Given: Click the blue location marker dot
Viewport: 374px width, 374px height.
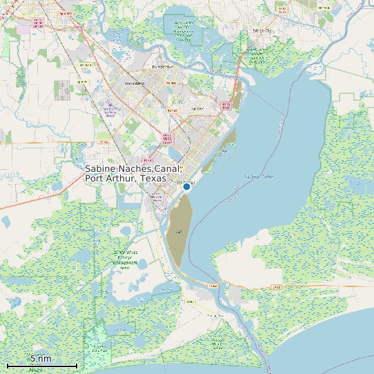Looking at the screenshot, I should [186, 186].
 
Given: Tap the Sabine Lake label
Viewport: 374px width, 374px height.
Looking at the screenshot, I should [258, 177].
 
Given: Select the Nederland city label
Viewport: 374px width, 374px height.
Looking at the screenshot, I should [135, 83].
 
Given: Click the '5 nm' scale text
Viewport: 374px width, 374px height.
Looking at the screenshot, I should [41, 358].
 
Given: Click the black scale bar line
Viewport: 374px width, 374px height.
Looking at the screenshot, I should [41, 365].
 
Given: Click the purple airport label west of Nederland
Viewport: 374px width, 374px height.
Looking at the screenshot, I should [110, 108].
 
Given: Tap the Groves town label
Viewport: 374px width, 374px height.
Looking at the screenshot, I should [198, 108].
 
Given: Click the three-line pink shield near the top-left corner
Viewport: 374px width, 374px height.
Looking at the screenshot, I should [38, 25].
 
